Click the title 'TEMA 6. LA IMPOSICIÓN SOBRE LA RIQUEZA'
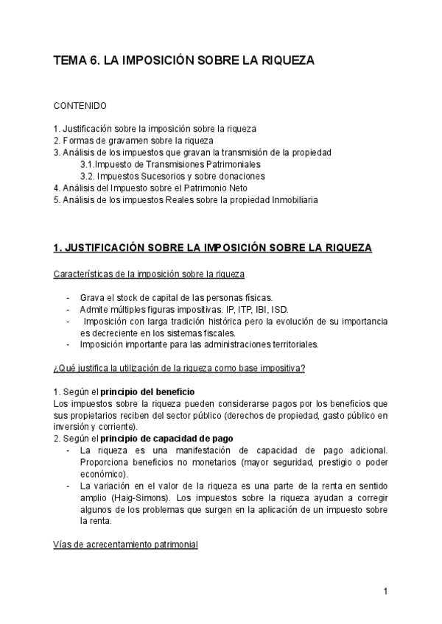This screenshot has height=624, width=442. point(184,63)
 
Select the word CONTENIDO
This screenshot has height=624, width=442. point(80,106)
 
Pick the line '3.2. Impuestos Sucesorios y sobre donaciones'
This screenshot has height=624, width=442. point(172,176)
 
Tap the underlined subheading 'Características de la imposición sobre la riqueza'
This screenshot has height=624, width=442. point(150,274)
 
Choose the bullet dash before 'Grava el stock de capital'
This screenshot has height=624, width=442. point(69,298)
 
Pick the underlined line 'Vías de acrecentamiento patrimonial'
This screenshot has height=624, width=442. point(126,545)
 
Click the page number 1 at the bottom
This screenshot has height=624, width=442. point(385,591)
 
